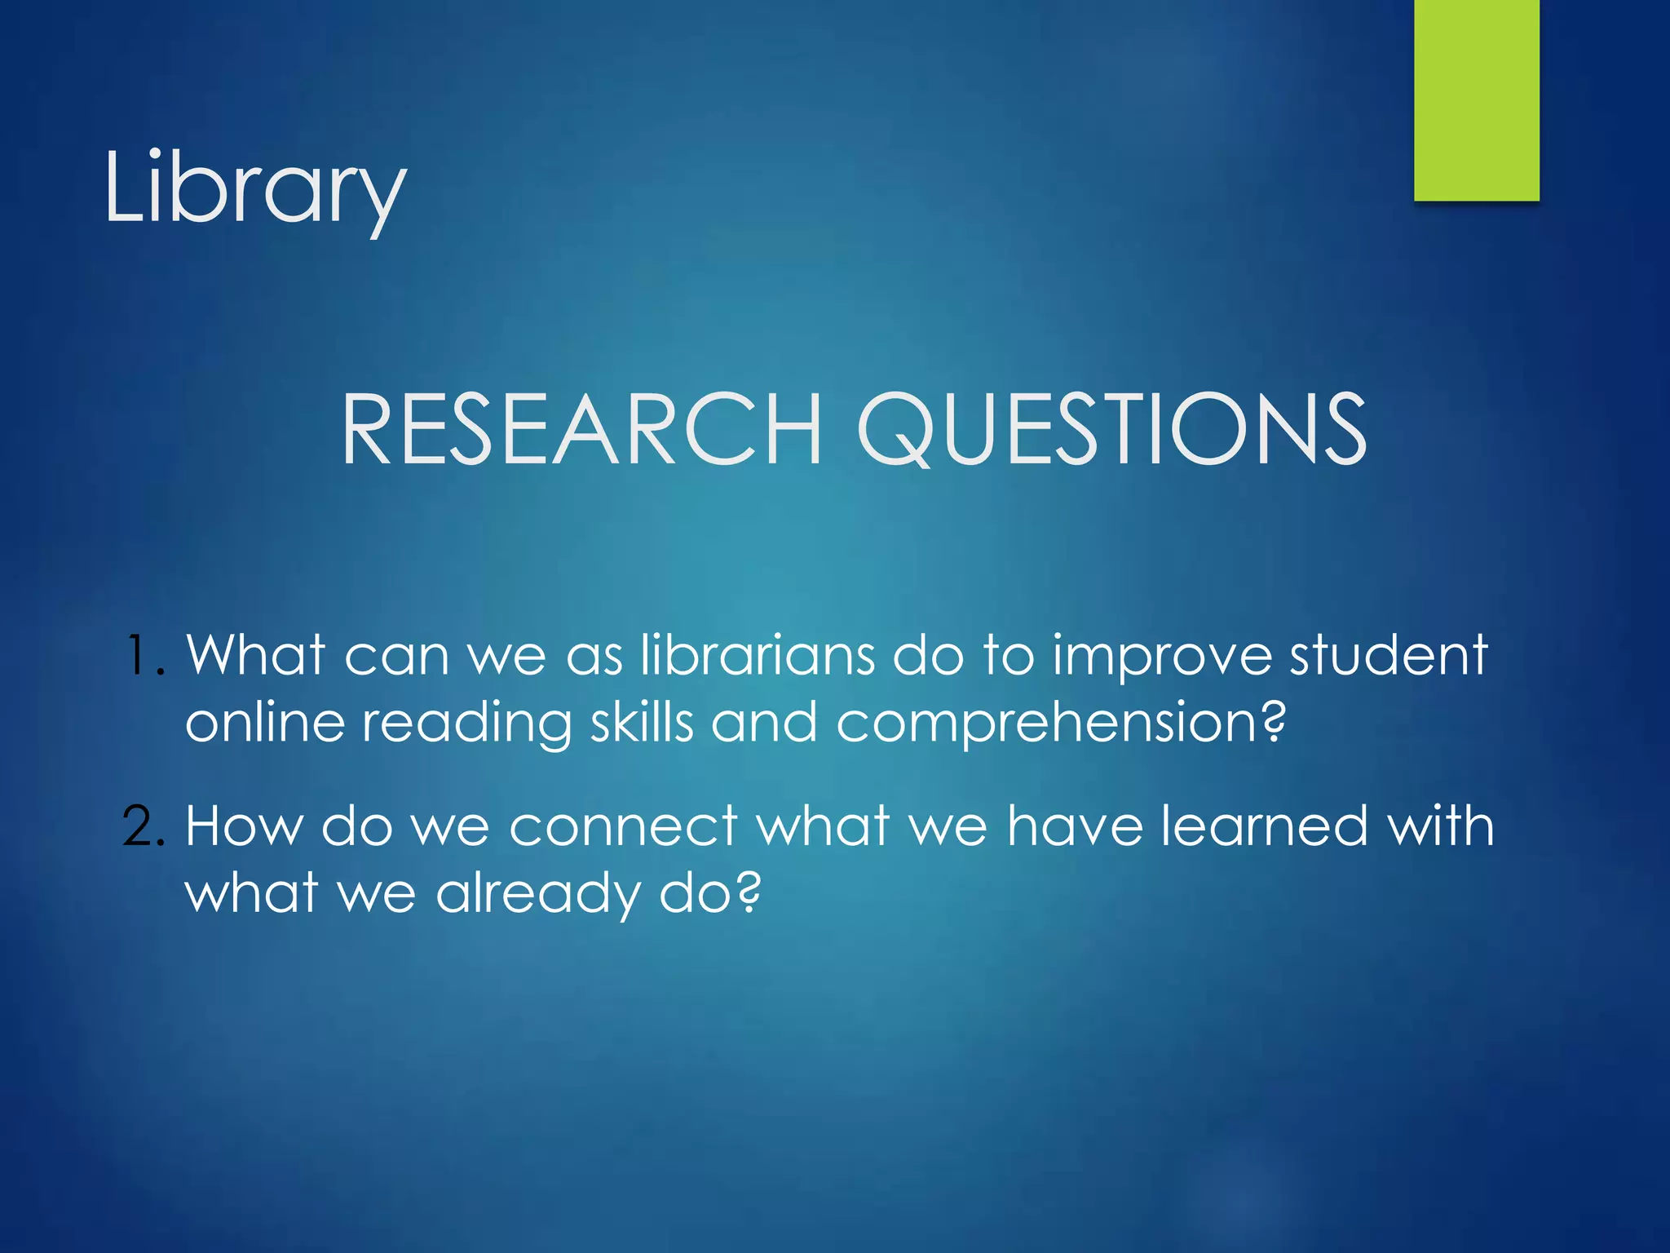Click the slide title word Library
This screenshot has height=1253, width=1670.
pyautogui.click(x=254, y=189)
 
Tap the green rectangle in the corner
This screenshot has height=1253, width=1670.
pyautogui.click(x=1476, y=100)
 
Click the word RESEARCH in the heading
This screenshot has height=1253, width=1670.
pyautogui.click(x=581, y=429)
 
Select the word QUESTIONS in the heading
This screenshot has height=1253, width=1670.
pyautogui.click(x=1111, y=429)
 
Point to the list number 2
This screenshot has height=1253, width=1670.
pyautogui.click(x=144, y=826)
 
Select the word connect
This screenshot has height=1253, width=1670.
pyautogui.click(x=623, y=827)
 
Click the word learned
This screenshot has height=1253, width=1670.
pyautogui.click(x=1264, y=826)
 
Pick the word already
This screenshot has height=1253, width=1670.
pyautogui.click(x=537, y=896)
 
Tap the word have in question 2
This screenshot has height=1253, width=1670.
pyautogui.click(x=1075, y=826)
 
